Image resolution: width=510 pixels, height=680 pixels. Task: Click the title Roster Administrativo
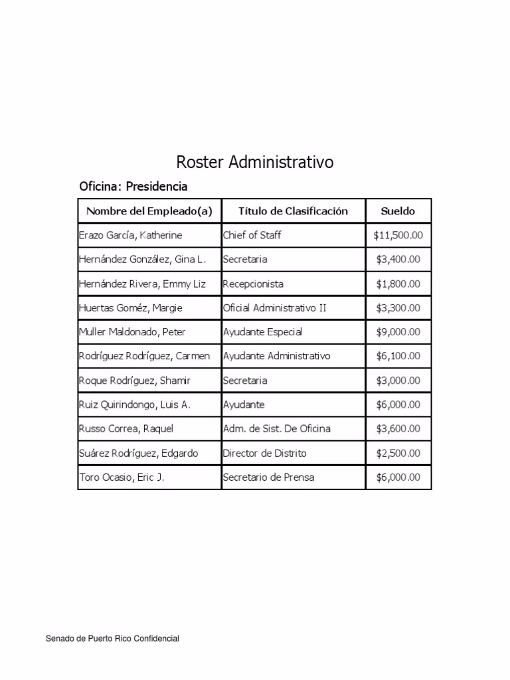254,162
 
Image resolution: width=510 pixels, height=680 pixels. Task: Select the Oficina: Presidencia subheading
133,187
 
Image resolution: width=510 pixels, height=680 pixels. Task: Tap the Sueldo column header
398,211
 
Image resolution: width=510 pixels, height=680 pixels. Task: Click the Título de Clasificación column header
293,211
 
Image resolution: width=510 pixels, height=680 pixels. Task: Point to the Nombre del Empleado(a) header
149,211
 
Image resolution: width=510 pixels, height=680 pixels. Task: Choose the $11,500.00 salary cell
398,235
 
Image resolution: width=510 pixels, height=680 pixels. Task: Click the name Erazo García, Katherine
130,235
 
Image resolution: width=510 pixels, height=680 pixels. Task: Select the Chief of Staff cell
252,235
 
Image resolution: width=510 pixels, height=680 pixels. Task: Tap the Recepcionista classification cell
253,284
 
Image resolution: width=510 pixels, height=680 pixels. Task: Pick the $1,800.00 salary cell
398,284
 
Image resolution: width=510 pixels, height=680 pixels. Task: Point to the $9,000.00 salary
398,332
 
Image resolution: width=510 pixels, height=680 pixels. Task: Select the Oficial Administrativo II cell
274,308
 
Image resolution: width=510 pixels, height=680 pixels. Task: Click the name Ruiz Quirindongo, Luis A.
135,404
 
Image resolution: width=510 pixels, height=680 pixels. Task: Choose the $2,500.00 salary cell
398,453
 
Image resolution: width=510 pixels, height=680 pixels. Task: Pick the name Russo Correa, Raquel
126,428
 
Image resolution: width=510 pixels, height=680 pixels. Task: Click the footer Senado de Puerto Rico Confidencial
112,639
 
